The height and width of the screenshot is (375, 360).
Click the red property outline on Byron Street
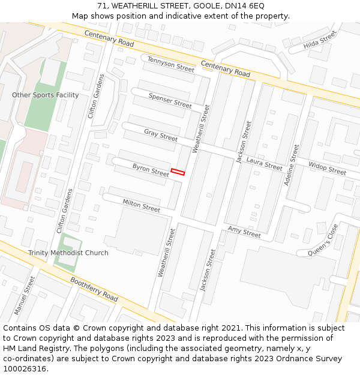pos(178,172)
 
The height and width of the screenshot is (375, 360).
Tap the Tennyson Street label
pos(171,64)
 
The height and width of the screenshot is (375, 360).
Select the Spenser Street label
pos(170,100)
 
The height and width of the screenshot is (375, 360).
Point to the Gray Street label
pos(161,135)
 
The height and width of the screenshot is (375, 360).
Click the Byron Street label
pos(151,170)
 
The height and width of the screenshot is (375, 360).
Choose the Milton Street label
pos(142,206)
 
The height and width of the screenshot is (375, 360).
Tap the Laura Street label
pos(264,164)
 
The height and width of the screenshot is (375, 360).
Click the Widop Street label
pos(327,169)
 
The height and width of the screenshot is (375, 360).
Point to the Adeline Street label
pos(293,164)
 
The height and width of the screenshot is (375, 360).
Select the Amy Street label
pos(244,232)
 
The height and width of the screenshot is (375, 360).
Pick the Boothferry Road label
pos(94,289)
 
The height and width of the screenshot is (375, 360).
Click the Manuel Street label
pos(25,296)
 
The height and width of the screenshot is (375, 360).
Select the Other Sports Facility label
pos(46,95)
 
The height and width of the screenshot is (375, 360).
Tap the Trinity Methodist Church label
pos(68,253)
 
